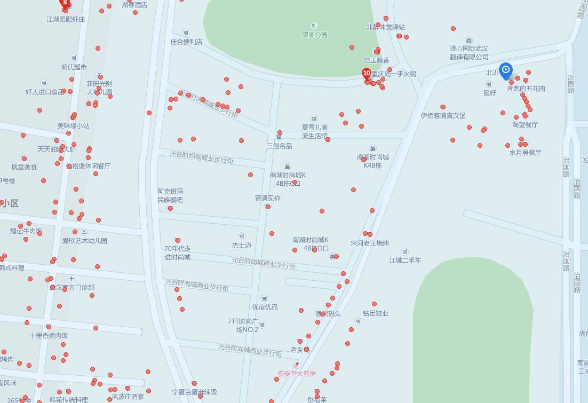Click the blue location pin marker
[506, 70]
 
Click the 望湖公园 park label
[314, 35]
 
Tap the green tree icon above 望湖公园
[314, 26]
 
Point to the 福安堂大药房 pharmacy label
[297, 374]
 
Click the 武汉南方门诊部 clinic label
[72, 287]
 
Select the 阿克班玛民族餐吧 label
[170, 195]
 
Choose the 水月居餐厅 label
[525, 152]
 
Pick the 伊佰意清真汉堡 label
[443, 115]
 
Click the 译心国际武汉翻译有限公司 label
[469, 52]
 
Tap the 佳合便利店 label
[186, 42]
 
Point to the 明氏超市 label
[74, 67]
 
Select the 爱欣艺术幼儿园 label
[84, 241]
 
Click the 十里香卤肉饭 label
[49, 336]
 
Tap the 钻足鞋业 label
[376, 313]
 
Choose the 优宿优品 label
[265, 307]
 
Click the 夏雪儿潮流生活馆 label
[314, 131]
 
